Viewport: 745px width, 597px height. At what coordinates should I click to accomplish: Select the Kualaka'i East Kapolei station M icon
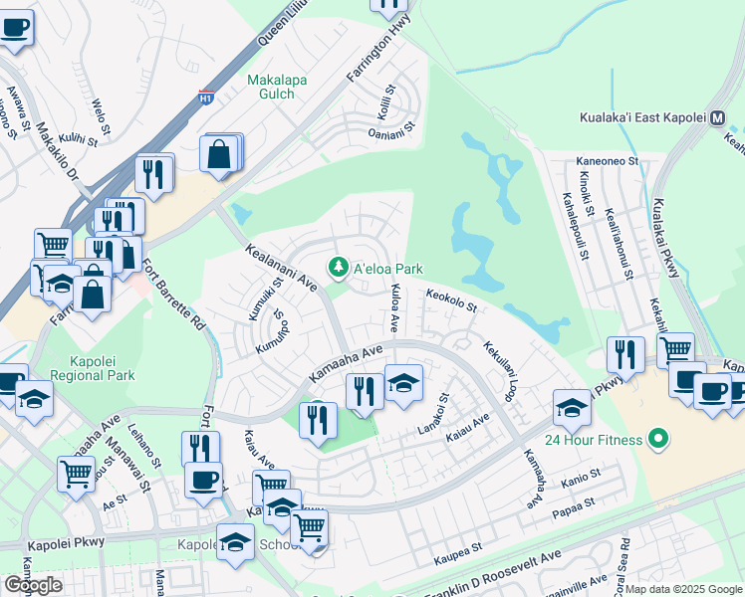[717, 117]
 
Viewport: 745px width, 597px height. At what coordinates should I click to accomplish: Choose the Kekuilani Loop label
[500, 370]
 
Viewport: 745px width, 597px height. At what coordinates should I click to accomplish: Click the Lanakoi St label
[438, 411]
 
